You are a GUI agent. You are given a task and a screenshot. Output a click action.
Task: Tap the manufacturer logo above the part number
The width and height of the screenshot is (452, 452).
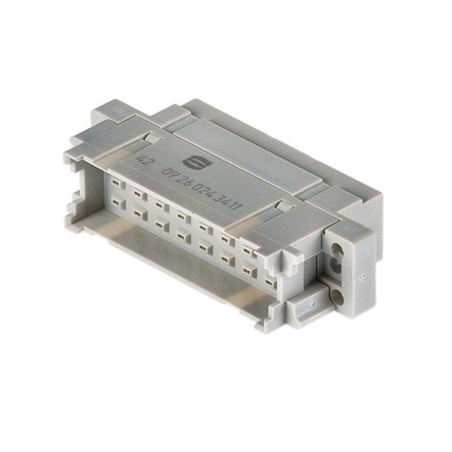click(193, 161)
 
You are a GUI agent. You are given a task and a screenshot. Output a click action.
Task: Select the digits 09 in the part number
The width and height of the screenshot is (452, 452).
click(171, 174)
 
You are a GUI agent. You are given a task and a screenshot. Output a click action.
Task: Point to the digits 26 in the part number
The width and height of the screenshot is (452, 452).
click(190, 181)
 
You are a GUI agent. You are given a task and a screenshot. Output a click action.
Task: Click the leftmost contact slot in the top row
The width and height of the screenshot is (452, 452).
click(115, 185)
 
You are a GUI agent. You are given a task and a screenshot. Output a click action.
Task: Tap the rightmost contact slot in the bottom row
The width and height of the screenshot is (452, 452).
click(249, 272)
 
